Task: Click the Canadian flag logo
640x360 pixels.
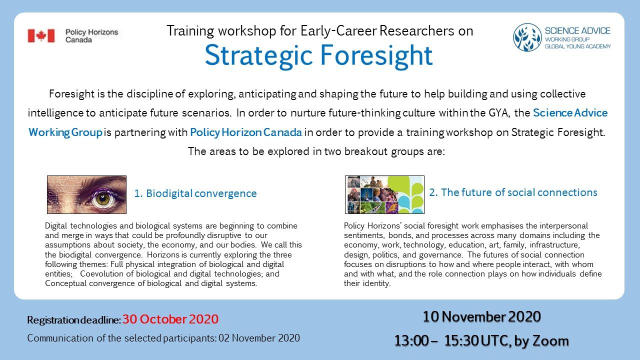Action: [x=41, y=36]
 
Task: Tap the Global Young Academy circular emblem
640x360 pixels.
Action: [x=527, y=37]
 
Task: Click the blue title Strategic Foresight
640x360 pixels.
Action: [x=318, y=55]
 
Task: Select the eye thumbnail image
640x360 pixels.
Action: [x=86, y=194]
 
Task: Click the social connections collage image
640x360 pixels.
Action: [x=384, y=194]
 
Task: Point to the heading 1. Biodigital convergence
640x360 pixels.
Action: [x=195, y=193]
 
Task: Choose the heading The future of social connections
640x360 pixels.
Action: [x=513, y=192]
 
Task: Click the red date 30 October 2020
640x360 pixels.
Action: [x=170, y=319]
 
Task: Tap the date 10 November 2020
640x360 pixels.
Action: [x=481, y=316]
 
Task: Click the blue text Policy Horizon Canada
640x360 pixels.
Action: [x=246, y=132]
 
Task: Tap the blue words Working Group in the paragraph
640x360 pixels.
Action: [x=65, y=132]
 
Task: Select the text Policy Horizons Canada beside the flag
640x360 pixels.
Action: [x=91, y=36]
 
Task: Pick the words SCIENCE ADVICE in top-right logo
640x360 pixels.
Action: [x=577, y=31]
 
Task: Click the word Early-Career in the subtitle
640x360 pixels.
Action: [x=338, y=31]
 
